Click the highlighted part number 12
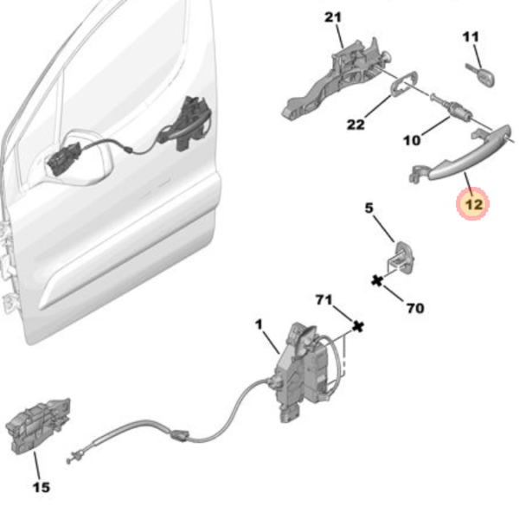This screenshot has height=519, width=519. (473, 204)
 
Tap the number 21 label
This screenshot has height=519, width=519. (333, 17)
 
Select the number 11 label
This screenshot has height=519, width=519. (471, 36)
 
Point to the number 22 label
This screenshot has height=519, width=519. (356, 125)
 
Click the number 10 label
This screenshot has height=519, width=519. (412, 141)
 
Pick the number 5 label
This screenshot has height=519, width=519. (368, 208)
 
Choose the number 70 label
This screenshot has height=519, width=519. (415, 309)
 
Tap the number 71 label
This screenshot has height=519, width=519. (324, 300)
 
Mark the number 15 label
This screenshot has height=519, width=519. (42, 487)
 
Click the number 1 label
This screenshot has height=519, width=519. (259, 324)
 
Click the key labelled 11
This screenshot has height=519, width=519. (480, 75)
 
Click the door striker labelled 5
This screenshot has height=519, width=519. (400, 258)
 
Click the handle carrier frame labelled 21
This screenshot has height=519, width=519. (334, 80)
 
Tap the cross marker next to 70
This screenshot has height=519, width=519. (377, 281)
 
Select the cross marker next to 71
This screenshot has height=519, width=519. (358, 327)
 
